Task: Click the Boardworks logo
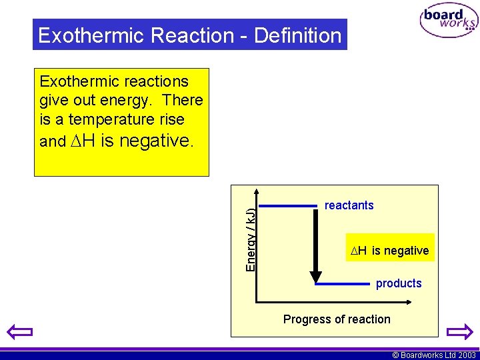(449, 21)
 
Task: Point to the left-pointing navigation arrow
(19, 331)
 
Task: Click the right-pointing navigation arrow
(459, 331)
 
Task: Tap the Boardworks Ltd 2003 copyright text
(434, 355)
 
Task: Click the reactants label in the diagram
(349, 205)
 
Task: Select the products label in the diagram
(399, 283)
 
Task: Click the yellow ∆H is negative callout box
(390, 250)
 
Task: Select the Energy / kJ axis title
(251, 239)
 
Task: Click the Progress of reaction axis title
(337, 319)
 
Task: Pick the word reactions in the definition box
(158, 81)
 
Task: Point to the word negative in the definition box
(146, 141)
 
